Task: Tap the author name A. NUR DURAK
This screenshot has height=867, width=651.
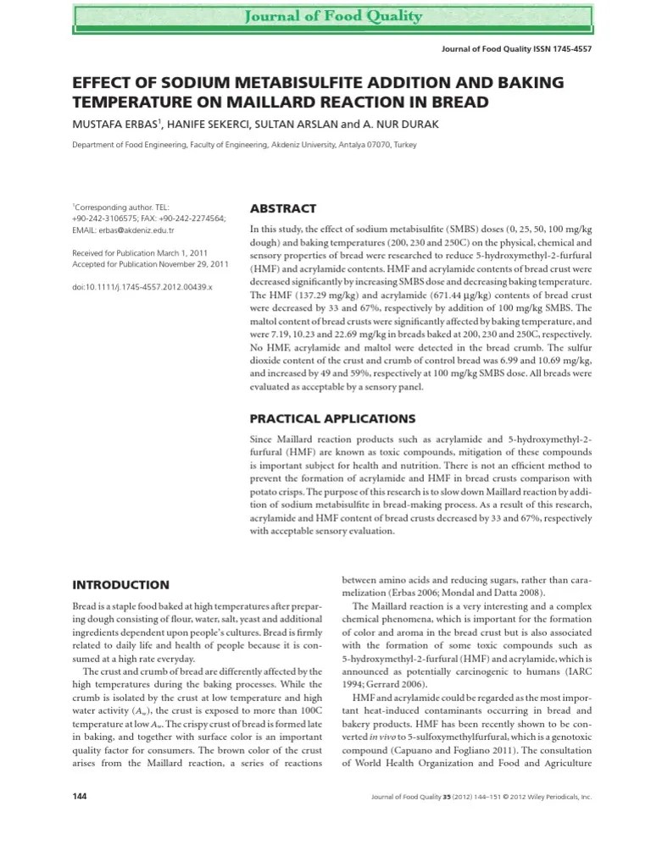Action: pos(410,124)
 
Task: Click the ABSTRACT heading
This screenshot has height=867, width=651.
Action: pos(282,208)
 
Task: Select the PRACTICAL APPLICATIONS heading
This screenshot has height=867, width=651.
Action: pos(332,418)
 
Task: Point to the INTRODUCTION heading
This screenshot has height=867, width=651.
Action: pos(120,584)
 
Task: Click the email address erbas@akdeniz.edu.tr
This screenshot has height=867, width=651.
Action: pos(135,230)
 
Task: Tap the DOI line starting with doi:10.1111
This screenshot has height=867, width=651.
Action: pos(142,288)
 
